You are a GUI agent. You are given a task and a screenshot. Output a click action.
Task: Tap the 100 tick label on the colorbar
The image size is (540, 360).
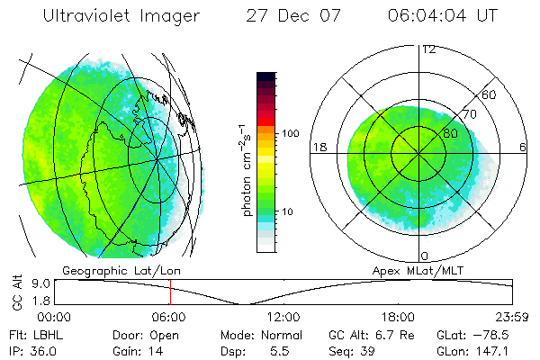pos(291,133)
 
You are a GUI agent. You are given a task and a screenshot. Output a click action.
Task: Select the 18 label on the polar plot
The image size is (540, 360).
pos(319,147)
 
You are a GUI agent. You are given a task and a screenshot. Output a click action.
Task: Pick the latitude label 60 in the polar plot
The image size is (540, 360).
pos(490,94)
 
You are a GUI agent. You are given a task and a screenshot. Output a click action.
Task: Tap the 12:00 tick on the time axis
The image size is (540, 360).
pos(283,317)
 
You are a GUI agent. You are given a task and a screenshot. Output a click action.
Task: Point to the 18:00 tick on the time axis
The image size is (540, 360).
pos(397,317)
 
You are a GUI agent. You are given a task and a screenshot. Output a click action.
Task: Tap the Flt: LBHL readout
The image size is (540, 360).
pos(30,335)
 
